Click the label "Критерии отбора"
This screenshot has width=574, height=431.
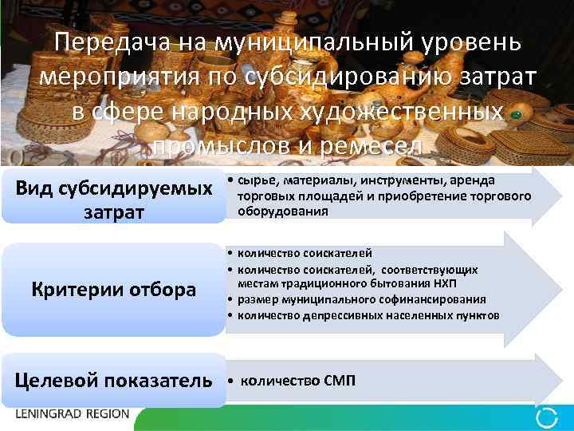click(x=113, y=289)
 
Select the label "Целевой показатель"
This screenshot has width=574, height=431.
click(x=115, y=380)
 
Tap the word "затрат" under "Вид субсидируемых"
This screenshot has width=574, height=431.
click(x=113, y=213)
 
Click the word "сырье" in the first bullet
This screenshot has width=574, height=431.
click(x=254, y=180)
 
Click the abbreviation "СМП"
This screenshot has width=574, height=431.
click(x=340, y=380)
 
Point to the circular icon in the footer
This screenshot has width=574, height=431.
click(x=548, y=416)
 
